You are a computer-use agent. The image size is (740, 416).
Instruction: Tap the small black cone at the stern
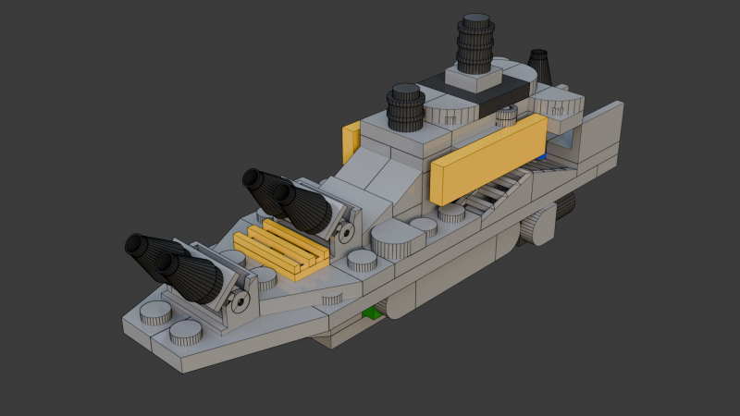coord(540,67)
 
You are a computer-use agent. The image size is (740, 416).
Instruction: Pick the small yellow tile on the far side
coord(351,141)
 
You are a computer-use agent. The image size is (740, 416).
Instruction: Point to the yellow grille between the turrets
coord(281,248)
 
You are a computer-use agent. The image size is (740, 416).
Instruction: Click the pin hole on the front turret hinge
coord(240,300)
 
